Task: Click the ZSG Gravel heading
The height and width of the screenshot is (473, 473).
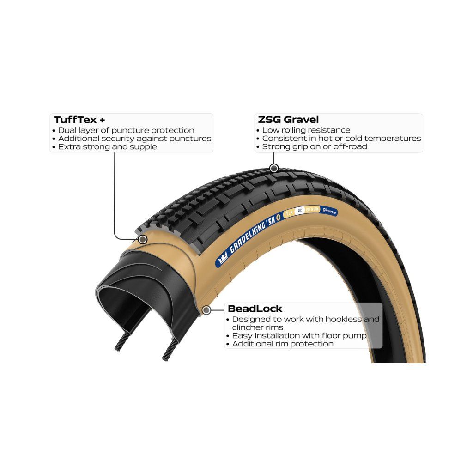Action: [287, 120]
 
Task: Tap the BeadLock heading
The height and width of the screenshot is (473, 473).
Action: [255, 309]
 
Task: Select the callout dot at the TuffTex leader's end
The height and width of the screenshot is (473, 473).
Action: [143, 239]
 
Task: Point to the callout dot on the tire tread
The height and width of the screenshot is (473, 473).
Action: [273, 168]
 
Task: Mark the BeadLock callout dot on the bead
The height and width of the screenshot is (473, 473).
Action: [206, 310]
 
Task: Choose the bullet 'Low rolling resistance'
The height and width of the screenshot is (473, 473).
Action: [306, 130]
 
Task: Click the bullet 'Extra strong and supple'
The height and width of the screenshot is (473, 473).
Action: [107, 147]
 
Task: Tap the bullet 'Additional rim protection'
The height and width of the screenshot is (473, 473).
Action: [282, 344]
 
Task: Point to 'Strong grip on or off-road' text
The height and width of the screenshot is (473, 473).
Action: [314, 147]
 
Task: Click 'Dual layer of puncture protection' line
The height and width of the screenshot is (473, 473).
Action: [126, 130]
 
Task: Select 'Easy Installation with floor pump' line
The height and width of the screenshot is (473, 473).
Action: [299, 336]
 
